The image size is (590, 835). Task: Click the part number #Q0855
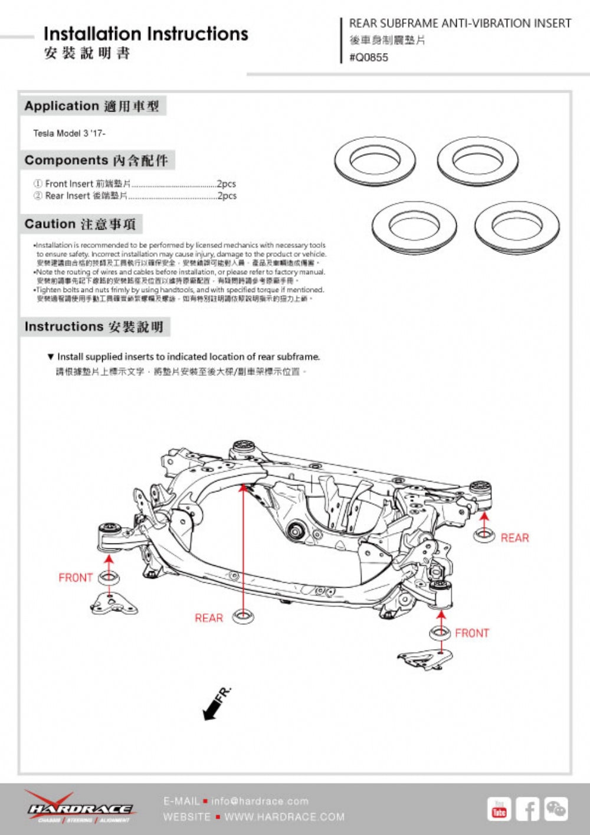coord(369,57)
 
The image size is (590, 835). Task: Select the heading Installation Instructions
coord(146,34)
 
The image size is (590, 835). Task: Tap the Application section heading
coord(92,106)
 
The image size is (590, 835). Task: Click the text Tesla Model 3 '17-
coord(69,133)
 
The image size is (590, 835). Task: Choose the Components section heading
coord(96,161)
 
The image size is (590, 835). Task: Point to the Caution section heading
coord(80,224)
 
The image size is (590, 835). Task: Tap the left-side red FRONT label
coord(76,578)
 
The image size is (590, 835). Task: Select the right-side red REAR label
coord(514,538)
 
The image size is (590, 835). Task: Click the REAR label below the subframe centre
coord(209,618)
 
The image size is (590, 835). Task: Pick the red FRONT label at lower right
coord(472,633)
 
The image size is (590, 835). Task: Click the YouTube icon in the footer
coord(499,809)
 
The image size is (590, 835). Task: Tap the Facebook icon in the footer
coord(527,809)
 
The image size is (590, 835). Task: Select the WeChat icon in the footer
coord(556,809)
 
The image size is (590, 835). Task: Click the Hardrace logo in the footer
coord(79,807)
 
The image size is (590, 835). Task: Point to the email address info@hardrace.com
coord(260,801)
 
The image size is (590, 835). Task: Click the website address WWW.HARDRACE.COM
coord(284,817)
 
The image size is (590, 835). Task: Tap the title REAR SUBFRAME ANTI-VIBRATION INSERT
coord(460,24)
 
